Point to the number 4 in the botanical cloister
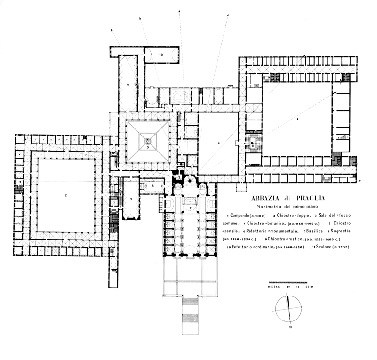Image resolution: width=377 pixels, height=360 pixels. pyautogui.click(x=219, y=142)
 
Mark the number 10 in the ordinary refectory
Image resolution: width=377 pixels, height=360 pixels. pyautogui.click(x=161, y=55)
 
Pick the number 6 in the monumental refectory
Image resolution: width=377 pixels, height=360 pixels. pyautogui.click(x=128, y=85)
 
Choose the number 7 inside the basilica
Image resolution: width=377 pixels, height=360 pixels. pyautogui.click(x=189, y=207)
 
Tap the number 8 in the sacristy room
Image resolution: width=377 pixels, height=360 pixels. pyautogui.click(x=153, y=186)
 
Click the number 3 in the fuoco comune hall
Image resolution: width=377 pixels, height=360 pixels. pyautogui.click(x=130, y=200)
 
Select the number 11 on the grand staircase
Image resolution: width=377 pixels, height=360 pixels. pyautogui.click(x=253, y=146)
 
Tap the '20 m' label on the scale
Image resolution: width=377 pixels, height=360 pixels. pyautogui.click(x=309, y=287)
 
